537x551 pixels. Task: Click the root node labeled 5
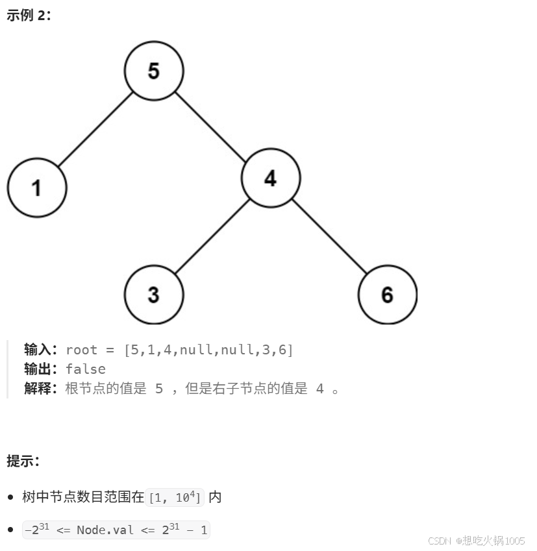[154, 71]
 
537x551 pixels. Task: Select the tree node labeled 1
[37, 188]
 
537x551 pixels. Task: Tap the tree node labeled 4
[271, 178]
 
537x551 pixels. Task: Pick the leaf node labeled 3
[154, 295]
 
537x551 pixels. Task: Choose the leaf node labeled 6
[387, 295]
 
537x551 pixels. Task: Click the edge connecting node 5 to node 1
[95, 129]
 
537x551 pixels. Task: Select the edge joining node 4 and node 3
[212, 236]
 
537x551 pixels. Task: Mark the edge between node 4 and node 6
[329, 236]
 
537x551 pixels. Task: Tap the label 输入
[41, 350]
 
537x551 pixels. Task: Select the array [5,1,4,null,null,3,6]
[208, 350]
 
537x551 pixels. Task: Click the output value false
[86, 369]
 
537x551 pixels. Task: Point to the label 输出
[41, 369]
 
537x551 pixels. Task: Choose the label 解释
[41, 389]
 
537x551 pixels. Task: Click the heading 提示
[23, 461]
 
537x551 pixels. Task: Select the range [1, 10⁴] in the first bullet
[176, 498]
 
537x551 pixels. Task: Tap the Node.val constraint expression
[116, 530]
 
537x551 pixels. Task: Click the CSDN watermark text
[477, 541]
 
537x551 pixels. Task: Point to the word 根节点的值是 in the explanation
[106, 389]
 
